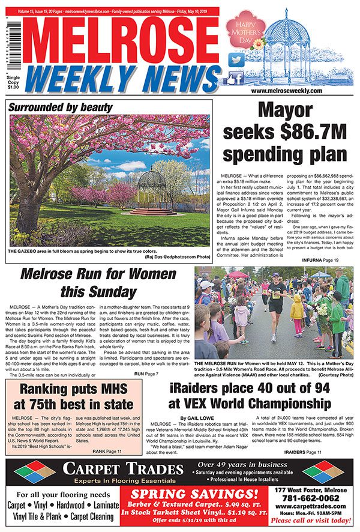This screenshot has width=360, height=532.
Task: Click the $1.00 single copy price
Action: tap(11, 88)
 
